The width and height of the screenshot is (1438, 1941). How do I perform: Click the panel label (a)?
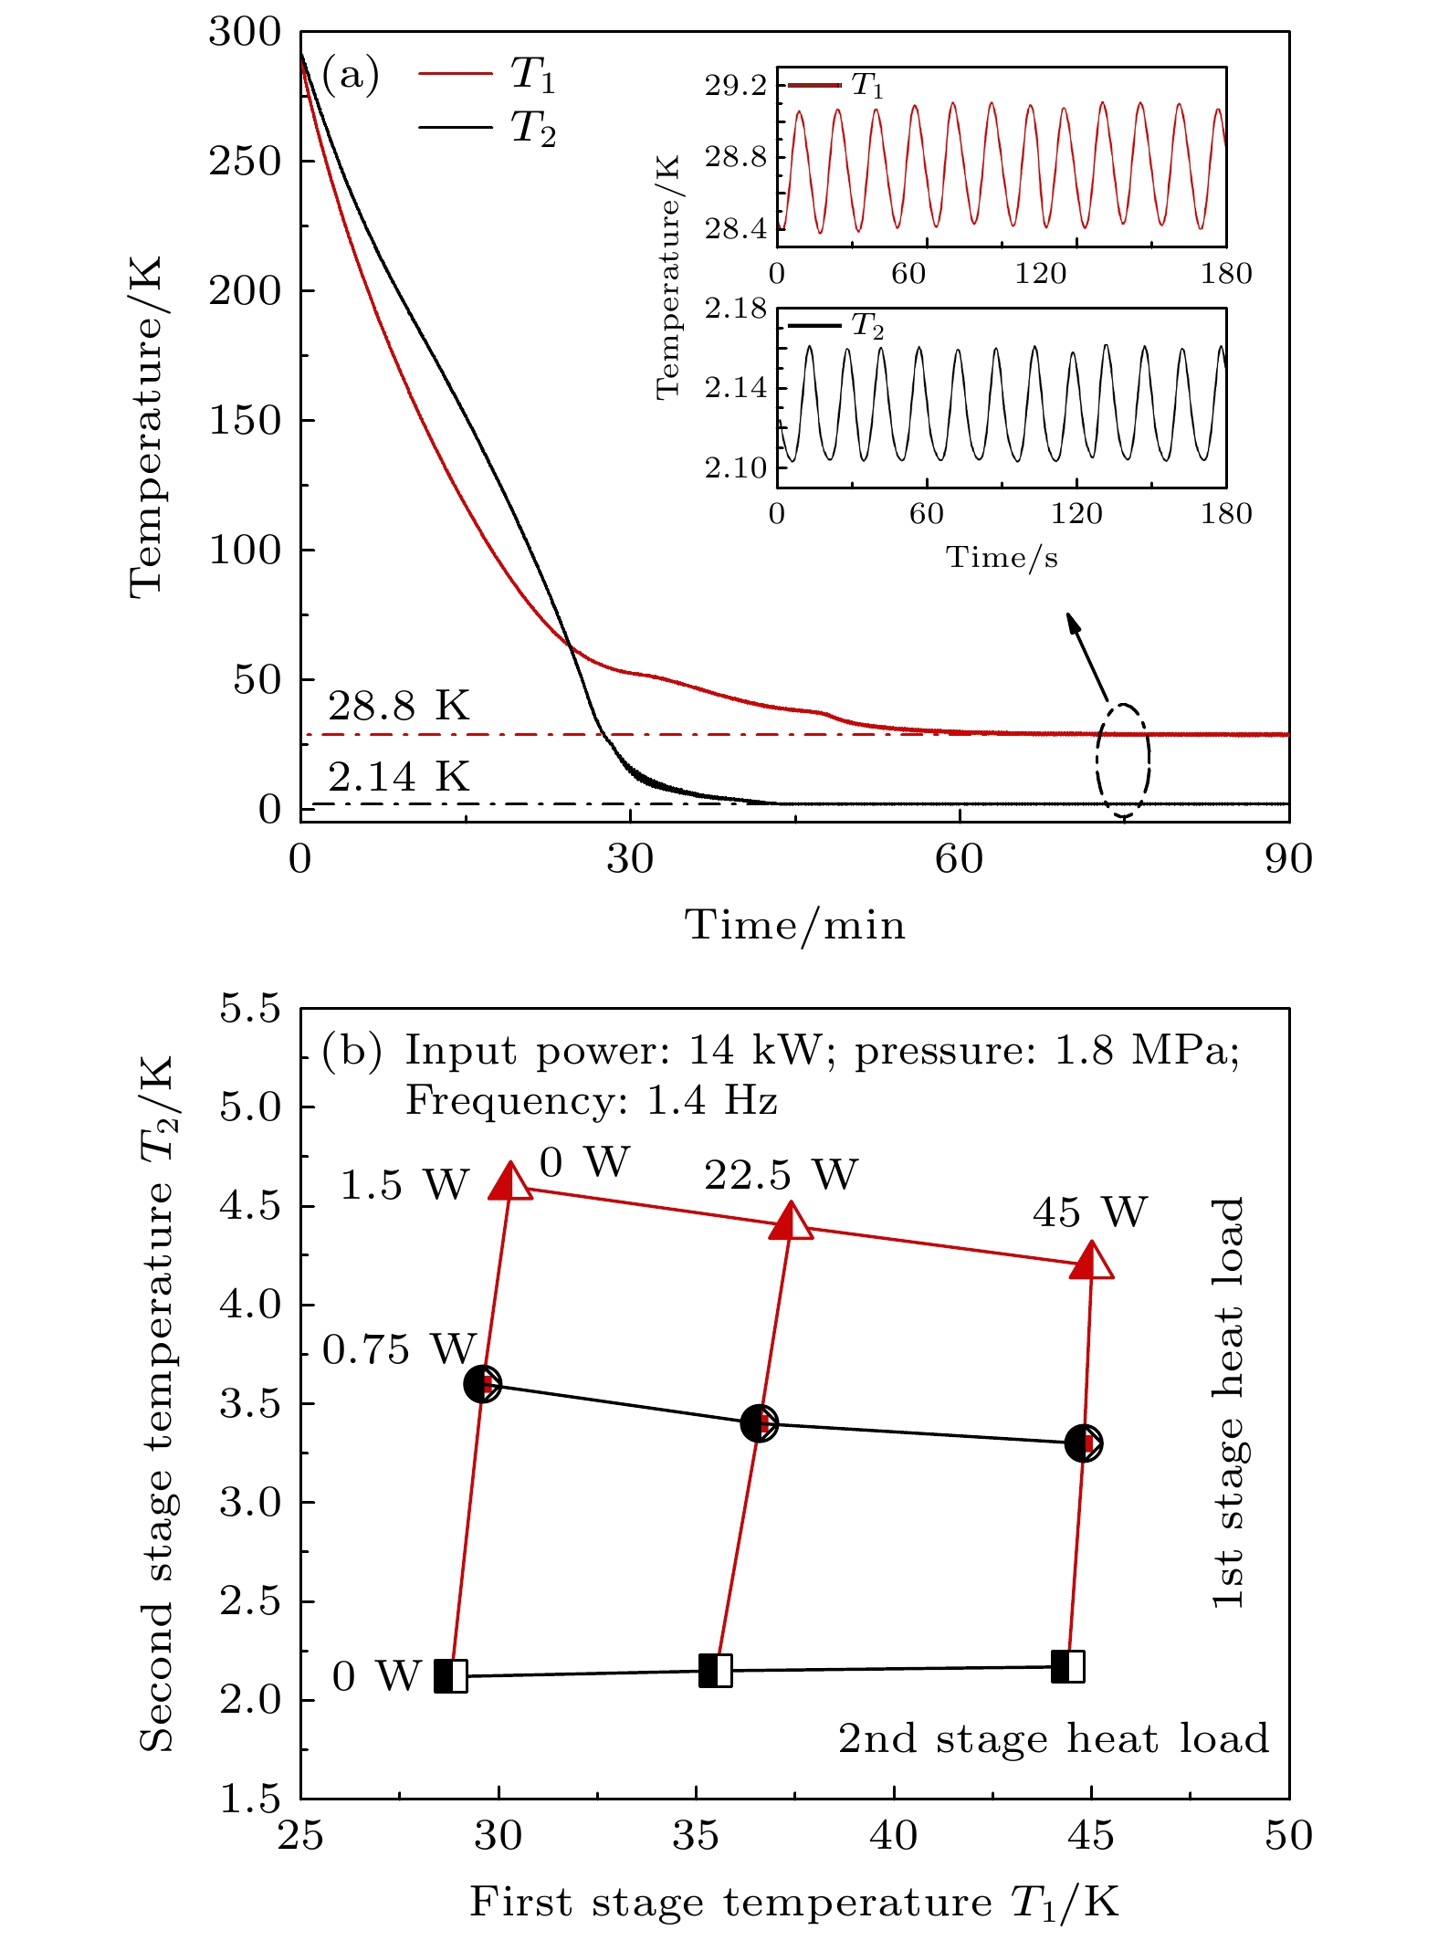[351, 75]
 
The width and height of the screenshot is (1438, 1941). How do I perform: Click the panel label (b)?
[352, 1051]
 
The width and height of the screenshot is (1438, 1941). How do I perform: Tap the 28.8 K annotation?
[398, 706]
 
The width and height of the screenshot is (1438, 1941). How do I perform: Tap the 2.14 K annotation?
[398, 777]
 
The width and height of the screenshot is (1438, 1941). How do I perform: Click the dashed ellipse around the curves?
[1123, 760]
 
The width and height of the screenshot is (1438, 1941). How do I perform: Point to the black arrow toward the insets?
[1086, 656]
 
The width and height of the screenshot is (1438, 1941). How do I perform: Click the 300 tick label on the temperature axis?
[245, 32]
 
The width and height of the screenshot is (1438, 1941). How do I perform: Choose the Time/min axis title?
[794, 925]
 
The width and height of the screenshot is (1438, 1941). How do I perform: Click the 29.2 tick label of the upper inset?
[735, 86]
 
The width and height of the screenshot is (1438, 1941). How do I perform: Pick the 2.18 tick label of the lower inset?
[735, 309]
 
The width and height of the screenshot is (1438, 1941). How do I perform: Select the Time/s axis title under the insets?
[1002, 557]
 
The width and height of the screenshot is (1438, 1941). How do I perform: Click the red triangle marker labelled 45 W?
[1091, 1261]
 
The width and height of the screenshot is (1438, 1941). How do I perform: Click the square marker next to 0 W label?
[450, 1676]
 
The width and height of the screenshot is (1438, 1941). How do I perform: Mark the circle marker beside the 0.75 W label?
[482, 1384]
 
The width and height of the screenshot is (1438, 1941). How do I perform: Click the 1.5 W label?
[404, 1185]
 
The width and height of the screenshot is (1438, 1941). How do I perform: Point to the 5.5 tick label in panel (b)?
[249, 1009]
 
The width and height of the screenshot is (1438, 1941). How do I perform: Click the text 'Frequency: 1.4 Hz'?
[591, 1100]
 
